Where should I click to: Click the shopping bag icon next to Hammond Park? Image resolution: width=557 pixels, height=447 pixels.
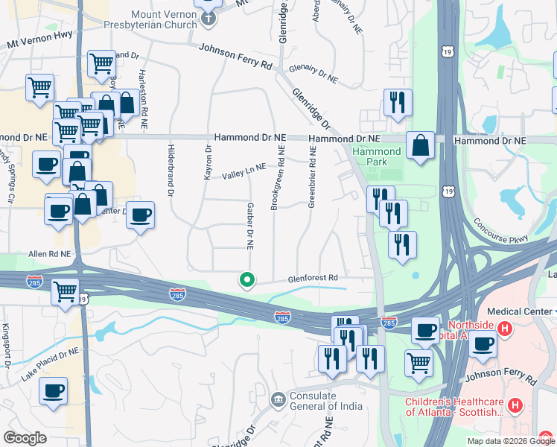tap(421, 146)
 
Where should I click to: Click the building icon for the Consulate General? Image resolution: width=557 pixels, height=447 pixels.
tap(278, 400)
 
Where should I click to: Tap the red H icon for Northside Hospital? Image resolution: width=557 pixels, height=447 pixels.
tap(504, 327)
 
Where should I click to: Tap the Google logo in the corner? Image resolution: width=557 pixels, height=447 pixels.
tap(25, 437)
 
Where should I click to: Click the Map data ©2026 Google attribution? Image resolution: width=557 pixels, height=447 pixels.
tap(510, 441)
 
